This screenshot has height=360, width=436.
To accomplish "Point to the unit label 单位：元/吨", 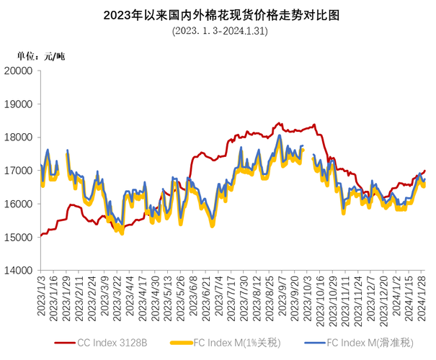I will pyautogui.click(x=41, y=55).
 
